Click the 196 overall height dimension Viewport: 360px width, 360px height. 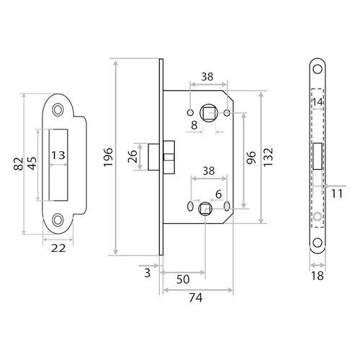[x=108, y=157]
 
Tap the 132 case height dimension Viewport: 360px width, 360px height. [x=269, y=157]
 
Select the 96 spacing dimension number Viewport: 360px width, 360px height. [x=251, y=157]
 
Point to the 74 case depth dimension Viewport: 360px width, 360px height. [x=196, y=297]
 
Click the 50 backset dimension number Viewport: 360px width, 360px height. [x=183, y=279]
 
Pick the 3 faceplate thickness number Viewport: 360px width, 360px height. [x=148, y=273]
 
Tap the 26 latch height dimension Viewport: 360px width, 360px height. [x=132, y=156]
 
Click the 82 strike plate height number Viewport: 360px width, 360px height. [x=19, y=163]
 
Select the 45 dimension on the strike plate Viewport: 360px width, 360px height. [x=32, y=163]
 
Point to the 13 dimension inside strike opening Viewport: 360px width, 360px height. [x=58, y=156]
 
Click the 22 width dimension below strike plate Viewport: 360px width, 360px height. [x=58, y=248]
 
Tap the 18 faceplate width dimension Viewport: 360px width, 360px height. [x=318, y=276]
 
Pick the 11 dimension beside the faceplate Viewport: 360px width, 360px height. [x=337, y=194]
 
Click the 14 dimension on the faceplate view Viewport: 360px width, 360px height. [x=318, y=102]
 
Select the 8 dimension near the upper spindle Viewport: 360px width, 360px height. [x=194, y=125]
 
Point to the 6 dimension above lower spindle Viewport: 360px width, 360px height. [x=218, y=194]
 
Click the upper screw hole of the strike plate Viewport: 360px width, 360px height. [x=58, y=110]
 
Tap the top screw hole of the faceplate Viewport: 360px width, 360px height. [x=318, y=69]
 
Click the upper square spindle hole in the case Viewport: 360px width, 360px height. [x=209, y=112]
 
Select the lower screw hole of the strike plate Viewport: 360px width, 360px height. [x=58, y=220]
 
